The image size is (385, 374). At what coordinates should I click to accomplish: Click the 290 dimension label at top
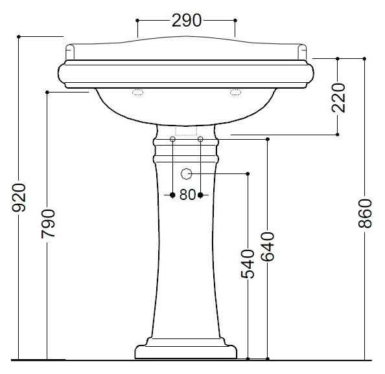click(187, 20)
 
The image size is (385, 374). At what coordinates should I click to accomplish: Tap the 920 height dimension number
click(19, 197)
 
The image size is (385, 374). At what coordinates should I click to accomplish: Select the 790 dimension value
click(48, 223)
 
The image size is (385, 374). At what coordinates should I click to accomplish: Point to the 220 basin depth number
click(338, 98)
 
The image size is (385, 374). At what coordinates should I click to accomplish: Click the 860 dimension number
click(365, 214)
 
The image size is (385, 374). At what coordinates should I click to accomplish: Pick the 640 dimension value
click(268, 247)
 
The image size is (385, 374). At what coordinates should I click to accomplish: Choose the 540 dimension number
click(248, 264)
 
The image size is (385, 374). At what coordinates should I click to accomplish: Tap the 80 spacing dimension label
click(187, 195)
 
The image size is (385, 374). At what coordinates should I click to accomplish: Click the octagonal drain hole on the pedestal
click(187, 174)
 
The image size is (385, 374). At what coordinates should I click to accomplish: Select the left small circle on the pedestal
click(172, 139)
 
